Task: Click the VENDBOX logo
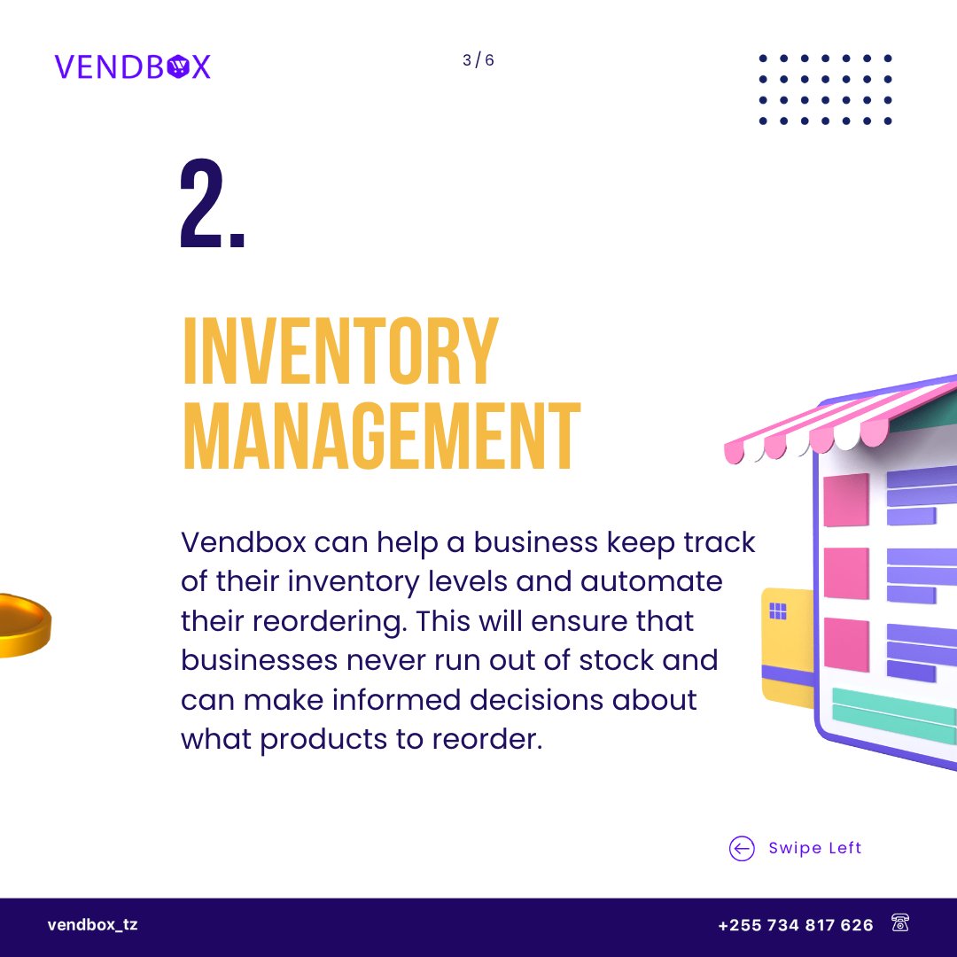tap(132, 66)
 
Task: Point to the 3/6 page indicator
tap(478, 60)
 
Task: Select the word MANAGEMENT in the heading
tap(381, 436)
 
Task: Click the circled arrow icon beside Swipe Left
tap(742, 848)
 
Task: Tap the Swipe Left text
tap(815, 848)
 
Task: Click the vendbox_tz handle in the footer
tap(92, 925)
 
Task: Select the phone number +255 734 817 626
tap(795, 925)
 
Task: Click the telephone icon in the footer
tap(900, 924)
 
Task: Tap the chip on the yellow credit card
tap(778, 611)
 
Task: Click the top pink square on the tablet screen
tap(846, 500)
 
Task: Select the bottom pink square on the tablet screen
tap(846, 644)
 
